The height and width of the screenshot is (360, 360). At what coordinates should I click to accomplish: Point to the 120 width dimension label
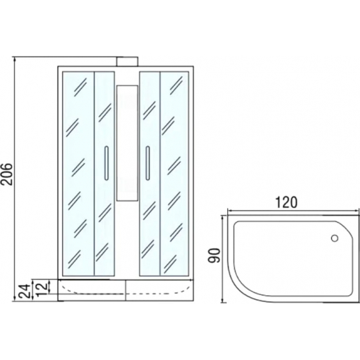tap(286, 202)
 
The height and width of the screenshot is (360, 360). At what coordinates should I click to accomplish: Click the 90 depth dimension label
tap(214, 255)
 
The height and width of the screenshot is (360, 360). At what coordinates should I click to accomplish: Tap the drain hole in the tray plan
tap(334, 238)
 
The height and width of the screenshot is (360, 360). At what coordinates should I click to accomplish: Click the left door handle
tap(107, 163)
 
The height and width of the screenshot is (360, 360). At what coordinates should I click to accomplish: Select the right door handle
tap(147, 163)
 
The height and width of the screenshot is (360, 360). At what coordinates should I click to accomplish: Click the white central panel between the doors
tap(127, 143)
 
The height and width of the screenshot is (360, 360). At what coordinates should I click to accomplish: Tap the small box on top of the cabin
tap(127, 62)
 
